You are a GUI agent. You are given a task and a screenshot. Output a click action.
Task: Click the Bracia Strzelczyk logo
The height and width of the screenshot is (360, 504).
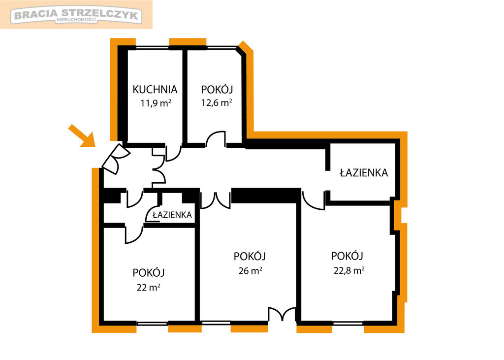[x=76, y=15]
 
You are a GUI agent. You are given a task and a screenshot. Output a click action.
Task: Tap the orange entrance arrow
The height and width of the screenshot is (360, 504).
[x=82, y=136]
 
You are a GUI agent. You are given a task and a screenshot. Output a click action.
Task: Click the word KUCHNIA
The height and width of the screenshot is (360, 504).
[x=155, y=90]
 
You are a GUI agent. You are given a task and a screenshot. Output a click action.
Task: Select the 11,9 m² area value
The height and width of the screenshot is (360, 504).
[x=156, y=103]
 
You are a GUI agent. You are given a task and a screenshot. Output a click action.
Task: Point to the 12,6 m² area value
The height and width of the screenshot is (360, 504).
[x=217, y=102]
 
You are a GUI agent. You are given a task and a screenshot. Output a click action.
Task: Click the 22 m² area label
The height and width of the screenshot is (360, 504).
[x=149, y=287]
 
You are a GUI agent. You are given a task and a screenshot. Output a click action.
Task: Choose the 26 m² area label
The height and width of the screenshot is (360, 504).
[x=250, y=270]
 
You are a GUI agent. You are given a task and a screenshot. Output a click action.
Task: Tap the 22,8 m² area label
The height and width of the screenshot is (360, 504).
[x=349, y=270]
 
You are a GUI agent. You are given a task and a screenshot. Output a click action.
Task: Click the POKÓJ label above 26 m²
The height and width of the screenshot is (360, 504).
[x=250, y=257]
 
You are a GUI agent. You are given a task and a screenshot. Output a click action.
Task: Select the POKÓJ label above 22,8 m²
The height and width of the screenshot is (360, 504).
[x=347, y=256]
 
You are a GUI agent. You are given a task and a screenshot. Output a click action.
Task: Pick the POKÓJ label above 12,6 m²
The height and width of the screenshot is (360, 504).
[x=217, y=89]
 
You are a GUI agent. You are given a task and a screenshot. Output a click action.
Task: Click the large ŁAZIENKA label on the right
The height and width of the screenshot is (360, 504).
[x=364, y=173]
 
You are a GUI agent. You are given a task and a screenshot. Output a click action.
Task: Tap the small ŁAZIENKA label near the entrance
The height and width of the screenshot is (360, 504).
[x=172, y=215]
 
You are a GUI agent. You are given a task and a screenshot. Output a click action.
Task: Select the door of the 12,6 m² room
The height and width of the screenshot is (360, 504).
[x=216, y=139]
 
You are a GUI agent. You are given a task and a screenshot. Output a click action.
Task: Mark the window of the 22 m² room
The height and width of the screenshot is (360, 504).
[x=153, y=323]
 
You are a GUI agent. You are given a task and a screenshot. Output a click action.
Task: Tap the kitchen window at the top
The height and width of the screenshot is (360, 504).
[x=152, y=48]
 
